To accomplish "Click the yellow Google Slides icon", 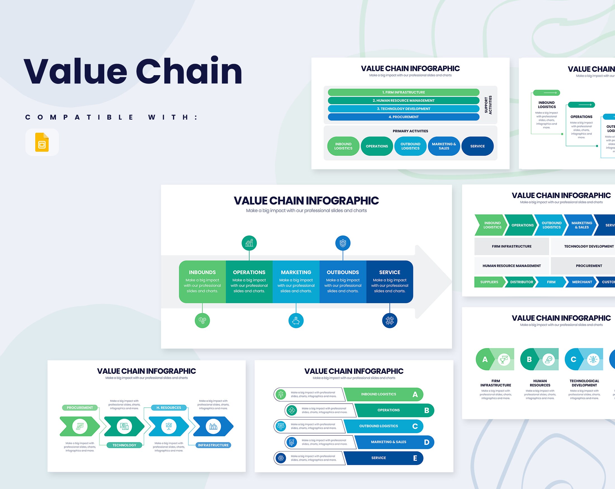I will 42,142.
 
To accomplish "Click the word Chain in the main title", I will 189,71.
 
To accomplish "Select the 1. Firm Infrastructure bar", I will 403,92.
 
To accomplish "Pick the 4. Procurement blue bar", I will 403,117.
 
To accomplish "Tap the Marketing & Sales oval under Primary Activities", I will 444,146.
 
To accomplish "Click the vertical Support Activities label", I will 488,105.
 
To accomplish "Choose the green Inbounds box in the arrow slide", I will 202,281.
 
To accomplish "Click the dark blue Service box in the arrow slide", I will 390,281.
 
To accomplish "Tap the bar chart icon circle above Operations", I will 249,243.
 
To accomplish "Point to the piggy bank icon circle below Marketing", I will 296,321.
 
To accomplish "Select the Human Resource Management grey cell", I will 512,266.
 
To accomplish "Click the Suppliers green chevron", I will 489,282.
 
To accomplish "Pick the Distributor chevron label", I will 521,282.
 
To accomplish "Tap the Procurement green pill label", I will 80,408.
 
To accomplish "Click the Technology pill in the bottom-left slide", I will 124,445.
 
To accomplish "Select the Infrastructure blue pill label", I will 213,445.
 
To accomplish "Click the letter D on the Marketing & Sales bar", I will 427,442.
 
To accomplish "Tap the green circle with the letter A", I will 485,360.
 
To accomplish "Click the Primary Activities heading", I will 410,131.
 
